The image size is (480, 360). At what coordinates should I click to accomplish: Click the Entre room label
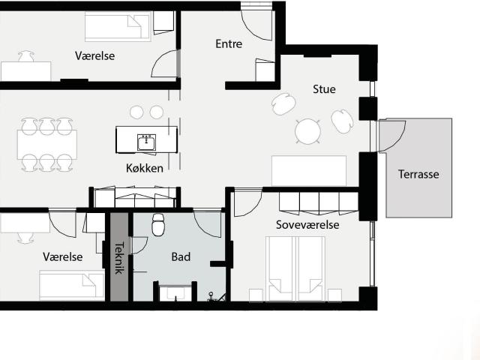click(x=229, y=43)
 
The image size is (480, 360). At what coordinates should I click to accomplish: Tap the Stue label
click(x=324, y=89)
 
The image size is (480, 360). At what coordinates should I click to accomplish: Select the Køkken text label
click(x=145, y=168)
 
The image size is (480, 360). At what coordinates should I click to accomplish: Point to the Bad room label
click(x=181, y=256)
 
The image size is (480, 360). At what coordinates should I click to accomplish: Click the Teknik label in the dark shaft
click(x=119, y=258)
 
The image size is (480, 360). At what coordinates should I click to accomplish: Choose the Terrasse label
click(x=418, y=174)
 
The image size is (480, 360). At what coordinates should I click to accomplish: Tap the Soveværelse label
click(x=307, y=225)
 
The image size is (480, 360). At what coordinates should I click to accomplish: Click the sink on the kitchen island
click(x=147, y=142)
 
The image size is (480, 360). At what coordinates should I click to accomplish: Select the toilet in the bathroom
click(x=158, y=225)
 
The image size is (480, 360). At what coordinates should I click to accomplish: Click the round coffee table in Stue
click(x=308, y=132)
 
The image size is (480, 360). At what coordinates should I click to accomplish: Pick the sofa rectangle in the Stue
click(x=309, y=170)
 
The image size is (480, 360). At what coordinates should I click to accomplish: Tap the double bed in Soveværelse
click(x=295, y=268)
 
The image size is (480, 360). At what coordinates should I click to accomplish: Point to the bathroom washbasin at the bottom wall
click(x=175, y=293)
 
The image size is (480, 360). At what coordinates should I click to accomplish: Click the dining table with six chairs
click(x=47, y=145)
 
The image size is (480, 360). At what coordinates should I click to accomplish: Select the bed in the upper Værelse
click(x=118, y=27)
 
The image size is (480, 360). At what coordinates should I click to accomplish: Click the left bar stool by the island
click(x=136, y=112)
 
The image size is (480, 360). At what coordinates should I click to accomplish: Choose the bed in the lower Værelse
click(x=72, y=285)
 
